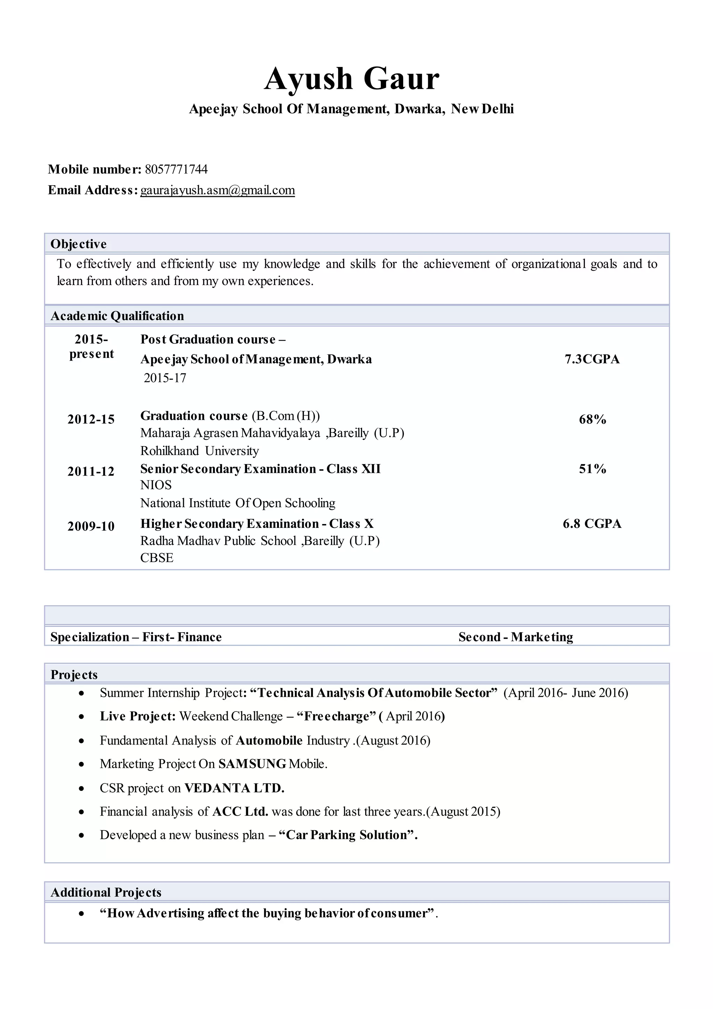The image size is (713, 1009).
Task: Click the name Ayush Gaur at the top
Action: [x=351, y=79]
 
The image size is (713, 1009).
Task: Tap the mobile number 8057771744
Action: [x=176, y=169]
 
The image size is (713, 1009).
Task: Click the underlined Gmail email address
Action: [x=217, y=190]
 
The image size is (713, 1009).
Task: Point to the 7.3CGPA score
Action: [x=592, y=360]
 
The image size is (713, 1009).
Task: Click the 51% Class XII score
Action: [x=592, y=469]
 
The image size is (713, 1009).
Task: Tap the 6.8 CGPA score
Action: [x=592, y=524]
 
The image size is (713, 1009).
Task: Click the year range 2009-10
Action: [x=91, y=526]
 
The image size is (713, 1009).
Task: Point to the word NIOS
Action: [x=156, y=485]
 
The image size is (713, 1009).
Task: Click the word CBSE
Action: [x=157, y=558]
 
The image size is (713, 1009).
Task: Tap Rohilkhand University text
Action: [x=199, y=451]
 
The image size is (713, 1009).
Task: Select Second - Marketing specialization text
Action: [x=516, y=637]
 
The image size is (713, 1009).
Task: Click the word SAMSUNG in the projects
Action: [x=252, y=764]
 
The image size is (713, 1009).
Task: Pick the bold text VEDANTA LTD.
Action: [x=234, y=788]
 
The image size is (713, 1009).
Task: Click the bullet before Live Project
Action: [x=81, y=717]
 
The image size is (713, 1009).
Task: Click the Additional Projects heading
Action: [x=106, y=893]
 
